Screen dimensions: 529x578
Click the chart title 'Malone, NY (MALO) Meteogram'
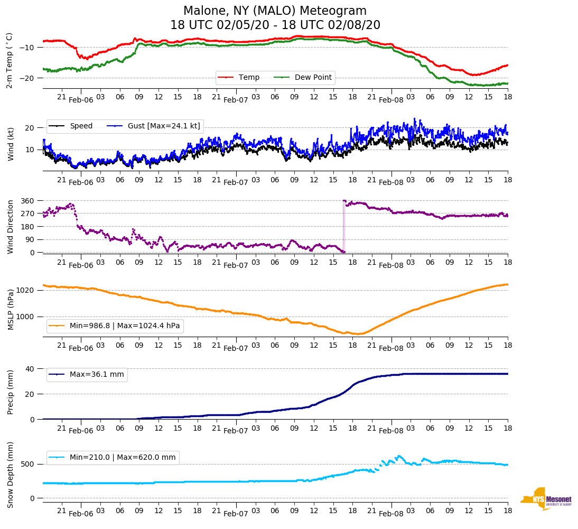(275, 11)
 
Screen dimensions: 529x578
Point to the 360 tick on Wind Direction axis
(28, 201)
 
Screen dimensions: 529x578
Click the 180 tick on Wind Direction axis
(28, 227)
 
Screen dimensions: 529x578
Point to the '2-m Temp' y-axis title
(9, 60)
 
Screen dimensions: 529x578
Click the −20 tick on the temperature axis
(26, 78)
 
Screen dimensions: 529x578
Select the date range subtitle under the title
(275, 25)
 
